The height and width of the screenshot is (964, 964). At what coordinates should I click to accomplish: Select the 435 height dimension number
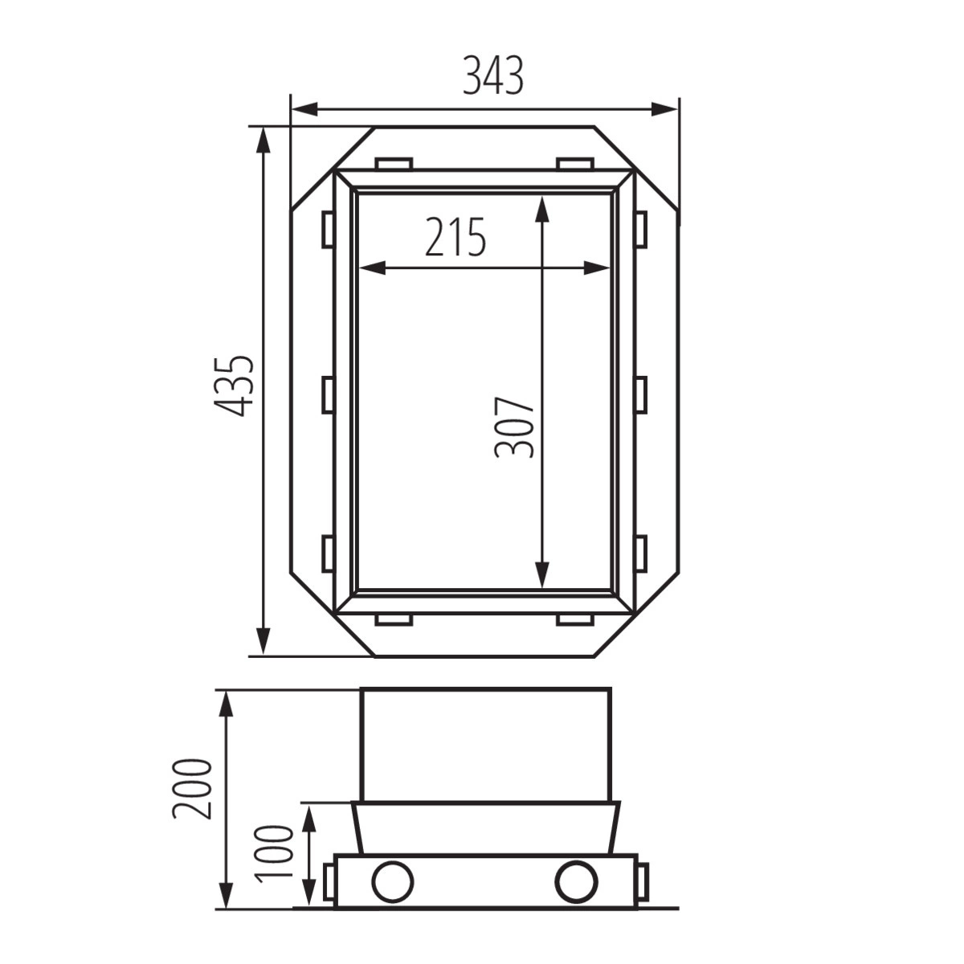pyautogui.click(x=234, y=386)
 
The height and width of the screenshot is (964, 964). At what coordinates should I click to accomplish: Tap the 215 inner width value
pyautogui.click(x=455, y=237)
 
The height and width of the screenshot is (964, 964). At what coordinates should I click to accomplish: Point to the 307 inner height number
pyautogui.click(x=514, y=427)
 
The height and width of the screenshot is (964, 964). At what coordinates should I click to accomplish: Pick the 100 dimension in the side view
pyautogui.click(x=273, y=855)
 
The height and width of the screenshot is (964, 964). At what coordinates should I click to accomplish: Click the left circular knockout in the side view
pyautogui.click(x=393, y=882)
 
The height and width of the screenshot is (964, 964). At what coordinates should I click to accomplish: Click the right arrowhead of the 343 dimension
pyautogui.click(x=664, y=109)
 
